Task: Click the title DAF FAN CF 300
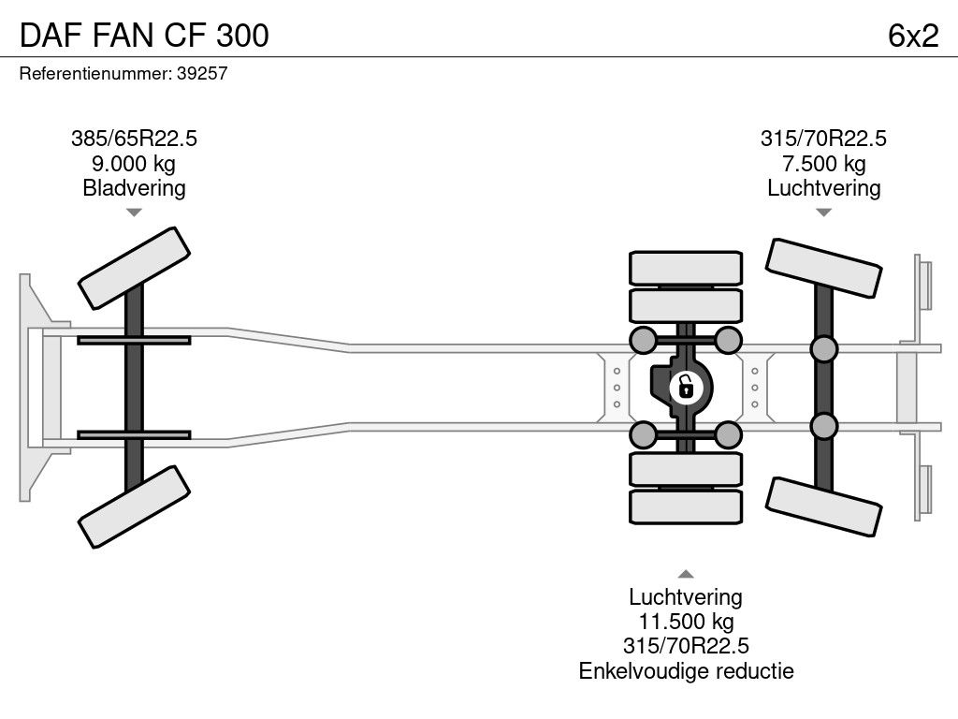[144, 35]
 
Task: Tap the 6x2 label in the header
[912, 35]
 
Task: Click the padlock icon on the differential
[685, 386]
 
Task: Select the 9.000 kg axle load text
[134, 164]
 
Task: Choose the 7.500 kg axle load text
[823, 164]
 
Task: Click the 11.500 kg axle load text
[686, 622]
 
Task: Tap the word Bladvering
[134, 188]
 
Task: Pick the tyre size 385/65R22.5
[134, 139]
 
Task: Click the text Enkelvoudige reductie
[686, 670]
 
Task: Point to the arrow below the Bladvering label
[134, 213]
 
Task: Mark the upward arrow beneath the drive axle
[686, 574]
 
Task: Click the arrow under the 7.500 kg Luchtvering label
[823, 213]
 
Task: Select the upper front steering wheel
[135, 268]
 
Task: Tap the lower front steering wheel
[135, 506]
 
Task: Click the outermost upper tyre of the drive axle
[686, 268]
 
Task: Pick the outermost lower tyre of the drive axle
[686, 506]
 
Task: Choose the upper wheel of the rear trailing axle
[822, 269]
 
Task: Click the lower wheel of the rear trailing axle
[822, 506]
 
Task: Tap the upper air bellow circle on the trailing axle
[823, 349]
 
